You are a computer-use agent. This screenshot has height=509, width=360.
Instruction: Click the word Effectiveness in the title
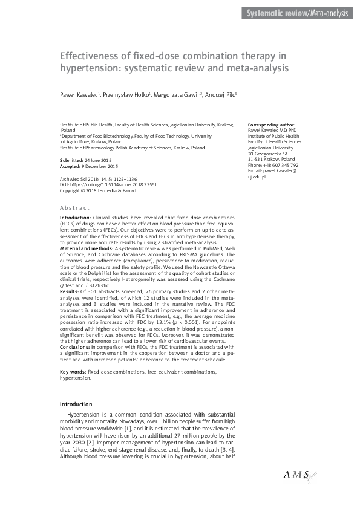[90, 56]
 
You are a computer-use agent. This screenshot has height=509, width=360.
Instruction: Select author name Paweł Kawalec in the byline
[79, 95]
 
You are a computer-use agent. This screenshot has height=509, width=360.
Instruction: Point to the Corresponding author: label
[272, 125]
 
